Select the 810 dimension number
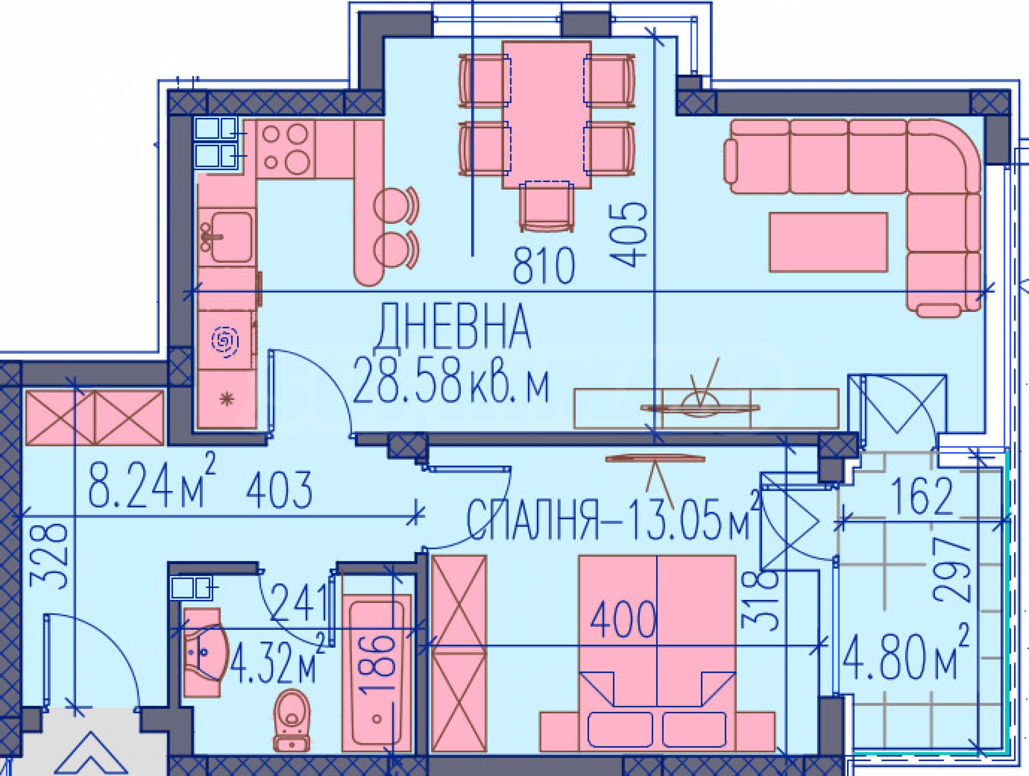[x=544, y=266]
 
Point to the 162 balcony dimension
[x=922, y=497]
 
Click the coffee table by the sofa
[x=828, y=242]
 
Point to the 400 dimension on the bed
[x=623, y=619]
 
